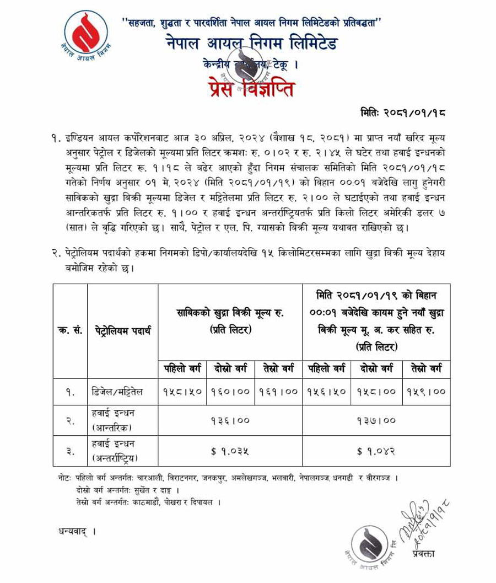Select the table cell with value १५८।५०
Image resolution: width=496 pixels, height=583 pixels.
tap(183, 392)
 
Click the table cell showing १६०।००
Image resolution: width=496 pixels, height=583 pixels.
tap(231, 392)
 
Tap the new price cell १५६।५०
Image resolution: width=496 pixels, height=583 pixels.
tap(327, 392)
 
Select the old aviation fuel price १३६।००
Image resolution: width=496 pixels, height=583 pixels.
tap(230, 421)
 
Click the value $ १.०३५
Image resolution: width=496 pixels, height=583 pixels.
tap(230, 452)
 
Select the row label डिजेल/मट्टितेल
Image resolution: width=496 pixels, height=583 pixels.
tap(118, 392)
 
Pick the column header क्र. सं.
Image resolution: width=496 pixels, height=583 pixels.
tap(70, 331)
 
